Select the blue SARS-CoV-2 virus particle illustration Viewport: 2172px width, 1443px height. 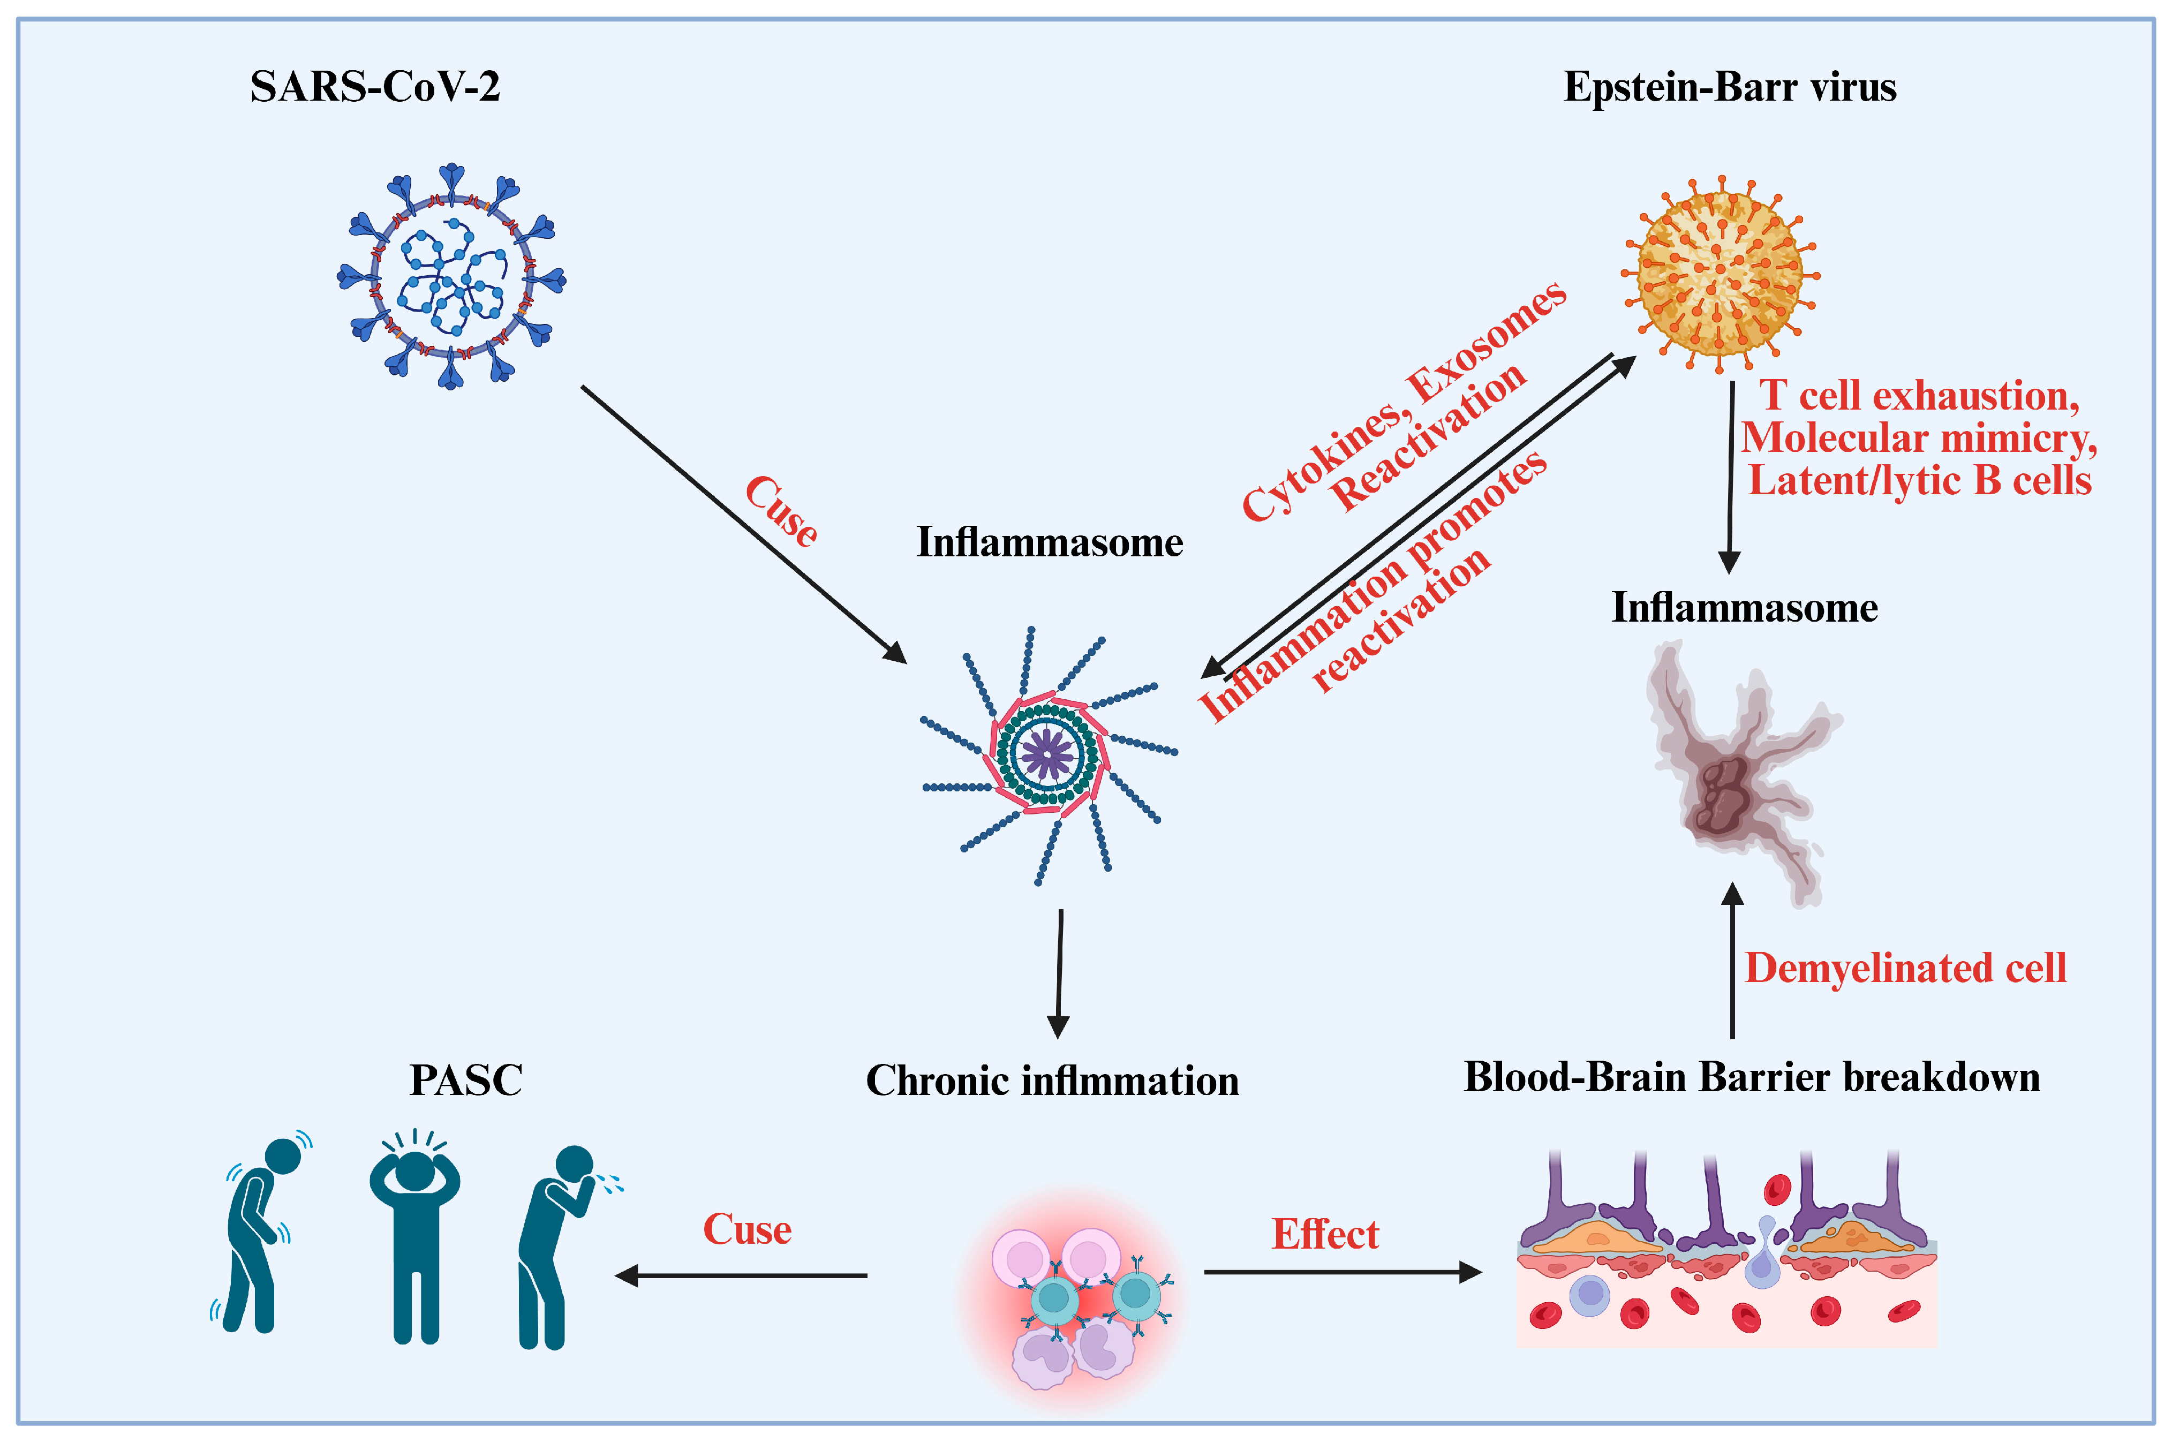tap(451, 277)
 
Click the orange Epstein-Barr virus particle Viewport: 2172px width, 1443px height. tap(1719, 274)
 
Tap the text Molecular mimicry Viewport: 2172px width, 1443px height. tap(1919, 438)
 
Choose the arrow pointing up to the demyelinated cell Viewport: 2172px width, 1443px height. tap(1732, 962)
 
